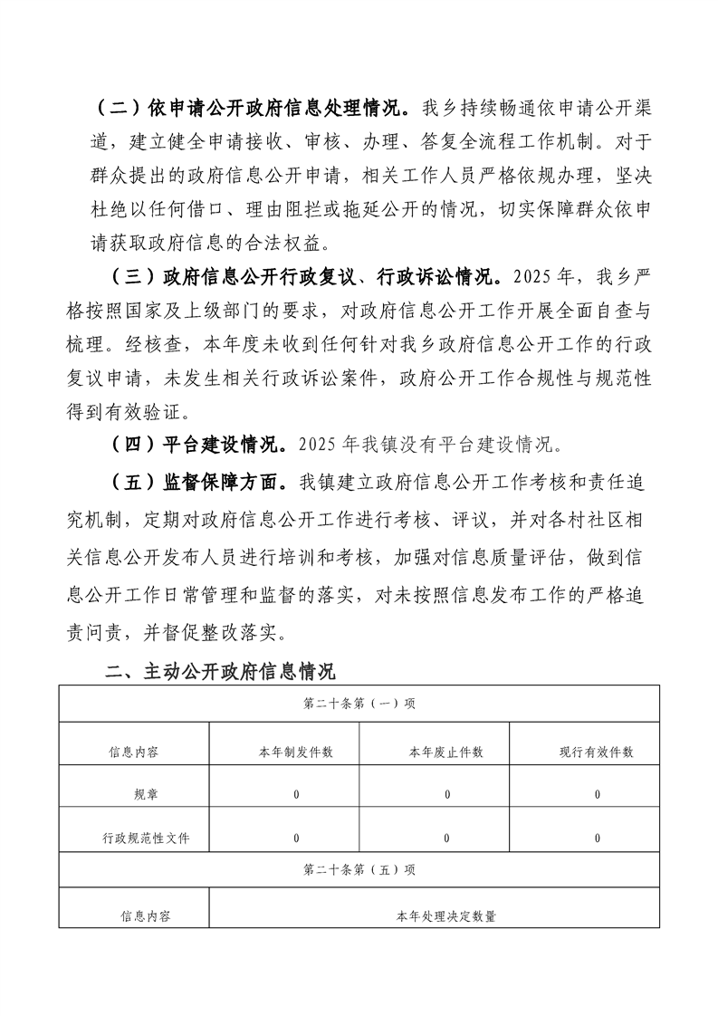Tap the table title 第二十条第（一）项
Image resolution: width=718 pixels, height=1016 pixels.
pos(359,703)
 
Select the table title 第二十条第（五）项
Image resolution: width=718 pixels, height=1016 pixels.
pos(359,869)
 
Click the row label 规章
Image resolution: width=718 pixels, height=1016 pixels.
pos(145,795)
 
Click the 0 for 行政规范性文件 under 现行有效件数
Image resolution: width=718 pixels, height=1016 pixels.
pos(598,839)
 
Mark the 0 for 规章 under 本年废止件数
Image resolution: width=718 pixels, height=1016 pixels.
pos(447,795)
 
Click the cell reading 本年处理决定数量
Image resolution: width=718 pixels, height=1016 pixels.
pos(446,916)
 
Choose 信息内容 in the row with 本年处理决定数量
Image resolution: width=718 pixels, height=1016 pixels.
pos(146,916)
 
